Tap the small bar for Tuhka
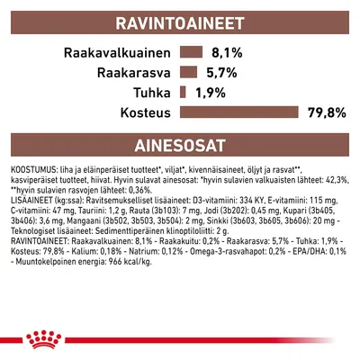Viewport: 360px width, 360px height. pyautogui.click(x=183, y=93)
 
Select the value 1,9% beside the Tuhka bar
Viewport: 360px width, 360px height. pyautogui.click(x=209, y=93)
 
